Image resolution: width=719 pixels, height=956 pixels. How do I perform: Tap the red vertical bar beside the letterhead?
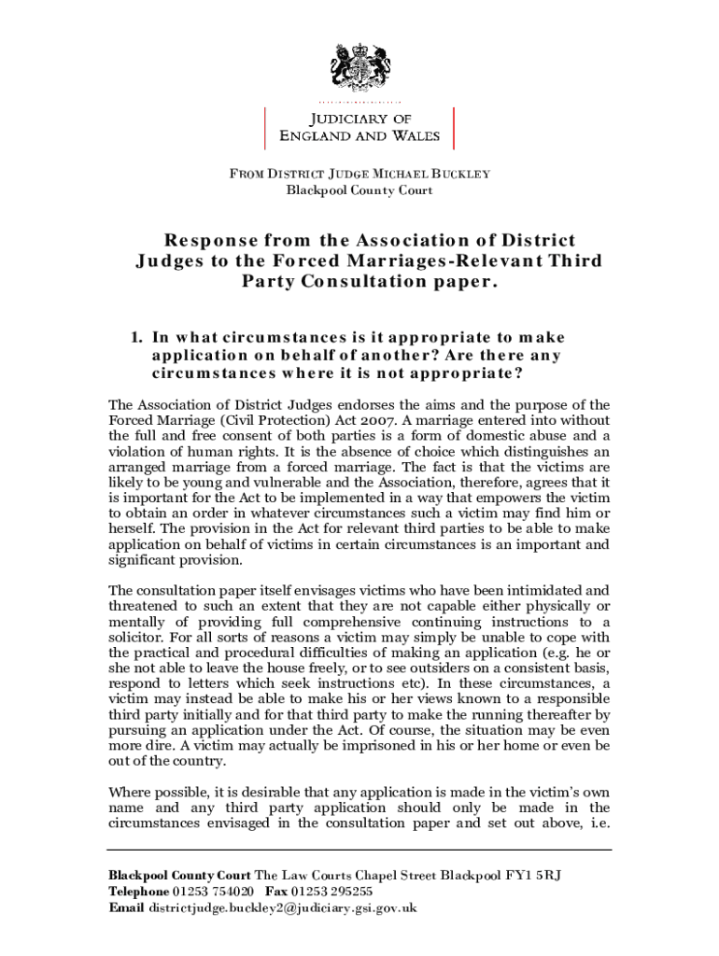453,128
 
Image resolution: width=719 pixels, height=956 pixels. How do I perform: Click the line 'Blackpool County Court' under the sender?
359,190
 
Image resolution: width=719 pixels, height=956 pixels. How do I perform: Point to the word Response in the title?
203,241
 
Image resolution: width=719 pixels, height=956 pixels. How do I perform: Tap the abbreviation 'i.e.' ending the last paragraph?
597,823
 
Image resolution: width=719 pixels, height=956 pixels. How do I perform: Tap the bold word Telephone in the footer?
139,892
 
